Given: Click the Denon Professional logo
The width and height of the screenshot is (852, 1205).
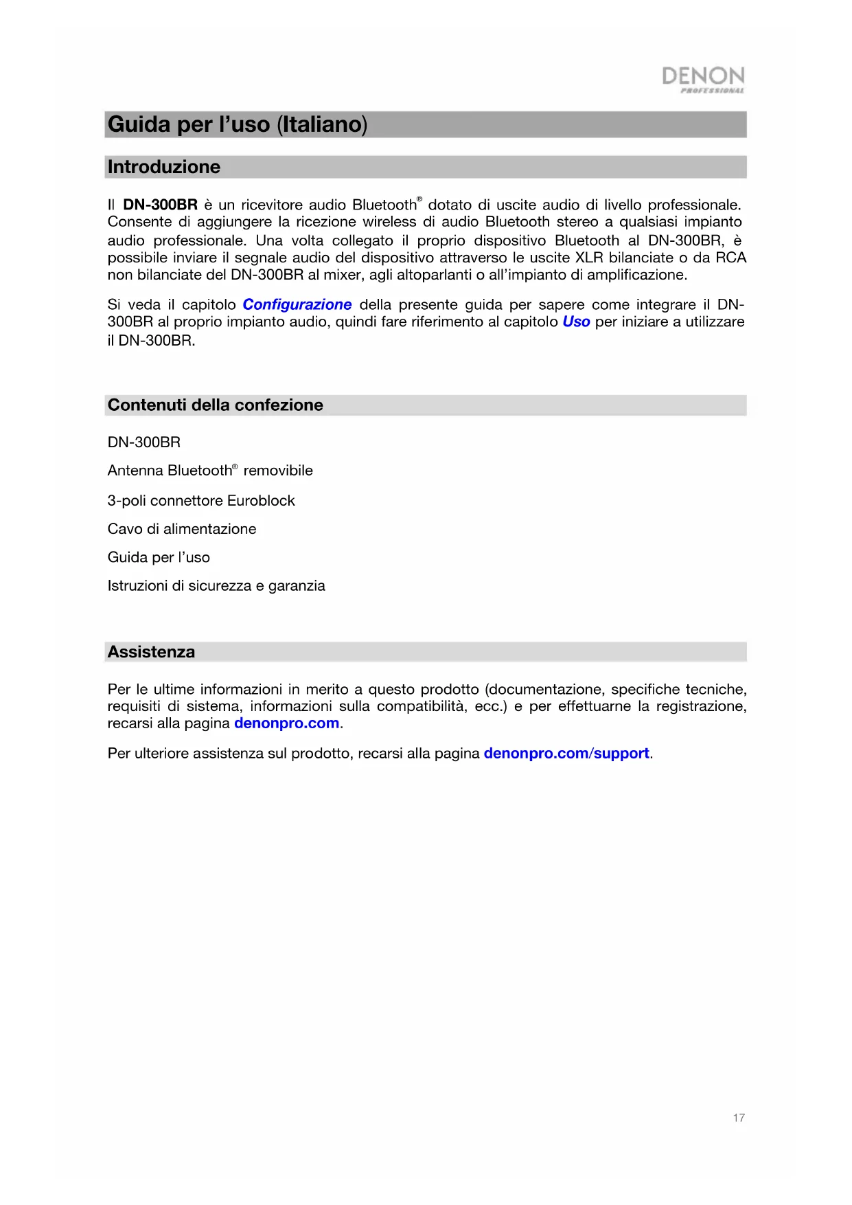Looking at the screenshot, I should click(x=703, y=79).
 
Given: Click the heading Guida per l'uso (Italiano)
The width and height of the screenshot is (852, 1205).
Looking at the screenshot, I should click(x=238, y=124).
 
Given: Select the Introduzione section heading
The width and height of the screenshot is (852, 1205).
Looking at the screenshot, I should click(x=164, y=167).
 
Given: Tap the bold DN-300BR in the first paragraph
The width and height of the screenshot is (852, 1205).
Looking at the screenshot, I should click(x=160, y=205).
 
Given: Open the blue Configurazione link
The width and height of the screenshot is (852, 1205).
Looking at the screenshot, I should click(x=297, y=304).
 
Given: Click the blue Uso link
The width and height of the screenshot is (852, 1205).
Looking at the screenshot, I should click(x=576, y=322).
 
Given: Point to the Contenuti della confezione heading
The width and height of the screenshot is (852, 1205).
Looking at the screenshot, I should click(x=215, y=405).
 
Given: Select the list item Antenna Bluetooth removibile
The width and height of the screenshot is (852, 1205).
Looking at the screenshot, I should click(x=210, y=471).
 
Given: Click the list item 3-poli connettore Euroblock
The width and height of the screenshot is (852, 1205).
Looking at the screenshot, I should click(x=201, y=500).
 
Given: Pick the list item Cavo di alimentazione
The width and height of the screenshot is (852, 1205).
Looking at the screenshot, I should click(x=182, y=529).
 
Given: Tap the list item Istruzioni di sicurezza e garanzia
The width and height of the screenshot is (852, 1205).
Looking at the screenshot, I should click(x=216, y=585).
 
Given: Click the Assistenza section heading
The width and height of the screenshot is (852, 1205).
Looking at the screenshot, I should click(x=151, y=652).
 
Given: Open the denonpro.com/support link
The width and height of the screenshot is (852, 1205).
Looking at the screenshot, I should click(x=566, y=753).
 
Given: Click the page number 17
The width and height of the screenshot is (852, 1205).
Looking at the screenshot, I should click(x=739, y=1118).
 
